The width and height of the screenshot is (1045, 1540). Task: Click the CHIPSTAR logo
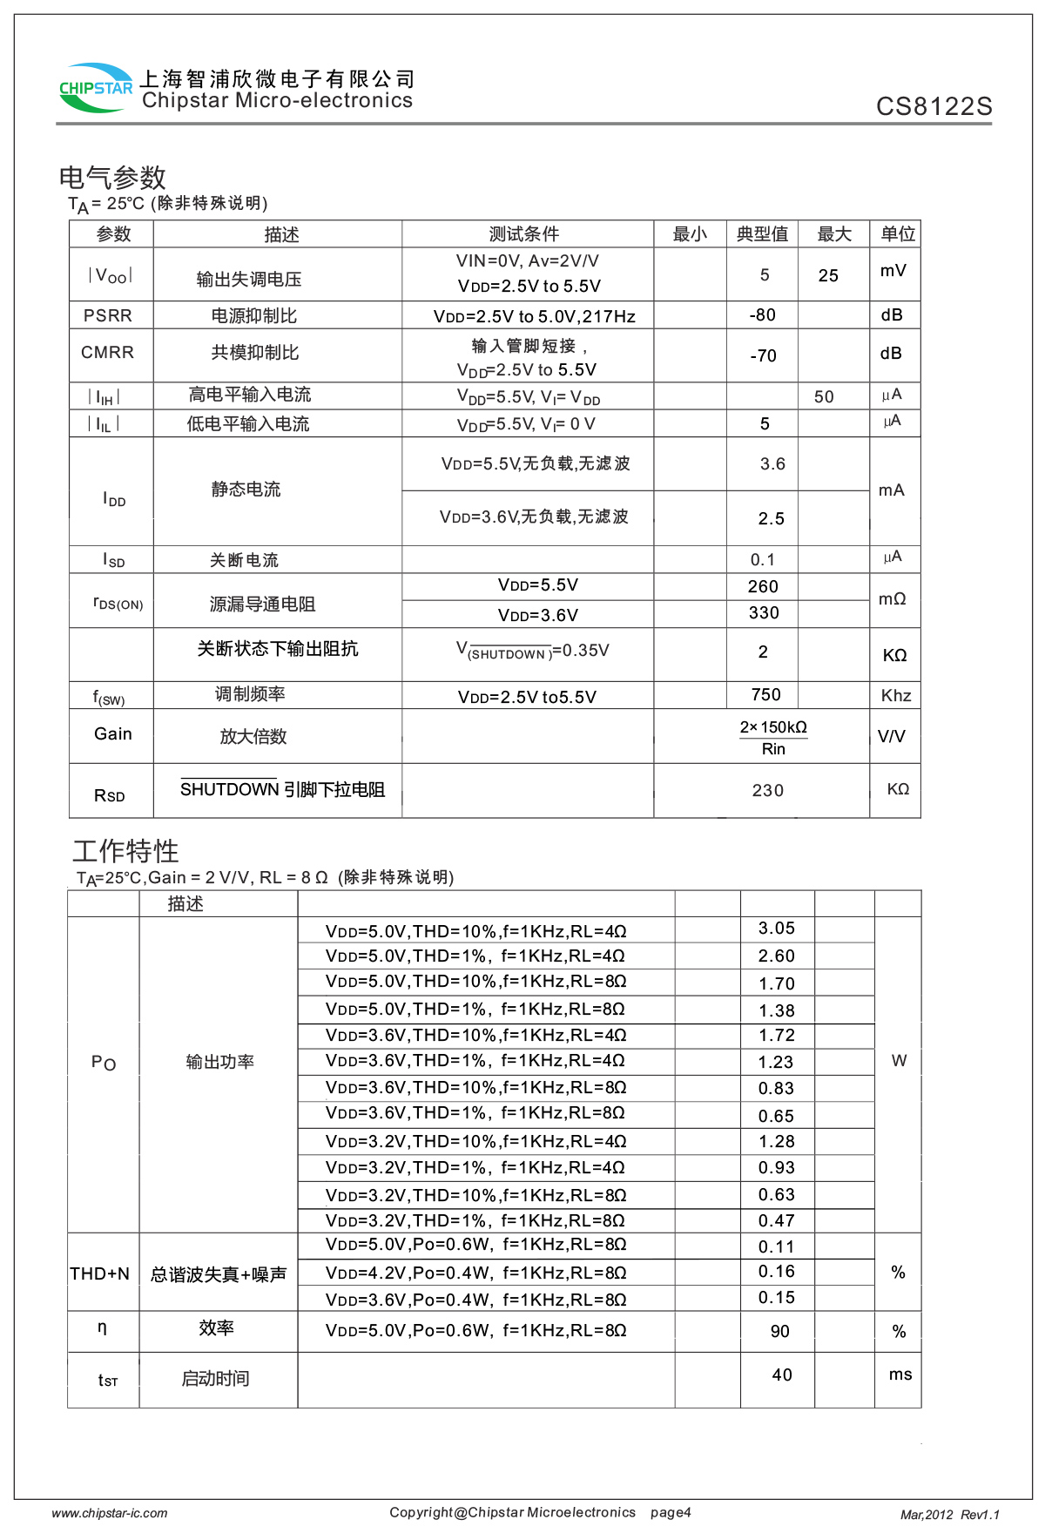[x=96, y=88]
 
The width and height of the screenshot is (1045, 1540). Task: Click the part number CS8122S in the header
[x=934, y=106]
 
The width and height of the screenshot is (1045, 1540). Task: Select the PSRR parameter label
[x=108, y=315]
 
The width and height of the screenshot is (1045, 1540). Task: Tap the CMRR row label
[x=108, y=353]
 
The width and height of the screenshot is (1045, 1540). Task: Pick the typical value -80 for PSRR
[x=763, y=315]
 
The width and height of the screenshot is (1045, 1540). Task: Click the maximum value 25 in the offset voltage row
[x=828, y=275]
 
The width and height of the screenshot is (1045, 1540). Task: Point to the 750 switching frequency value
[x=766, y=694]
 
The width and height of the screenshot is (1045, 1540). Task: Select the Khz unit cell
[x=896, y=695]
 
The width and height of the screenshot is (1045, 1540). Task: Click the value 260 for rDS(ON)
[x=763, y=586]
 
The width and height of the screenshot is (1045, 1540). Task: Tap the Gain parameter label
[x=113, y=733]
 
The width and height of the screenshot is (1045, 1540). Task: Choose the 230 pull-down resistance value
[x=768, y=790]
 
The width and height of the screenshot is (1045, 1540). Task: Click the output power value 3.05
[x=777, y=929]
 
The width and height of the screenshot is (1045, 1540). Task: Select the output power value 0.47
[x=777, y=1220]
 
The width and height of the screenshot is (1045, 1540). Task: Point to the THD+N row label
[x=100, y=1274]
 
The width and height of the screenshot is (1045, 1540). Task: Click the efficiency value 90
[x=780, y=1331]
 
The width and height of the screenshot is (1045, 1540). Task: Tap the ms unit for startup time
[x=900, y=1375]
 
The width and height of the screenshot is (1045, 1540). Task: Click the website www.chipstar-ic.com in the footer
[x=110, y=1513]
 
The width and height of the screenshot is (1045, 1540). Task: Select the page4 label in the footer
[x=671, y=1512]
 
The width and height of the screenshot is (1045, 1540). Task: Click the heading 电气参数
[x=112, y=178]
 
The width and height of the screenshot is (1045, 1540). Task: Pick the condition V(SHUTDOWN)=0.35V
[x=533, y=651]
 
